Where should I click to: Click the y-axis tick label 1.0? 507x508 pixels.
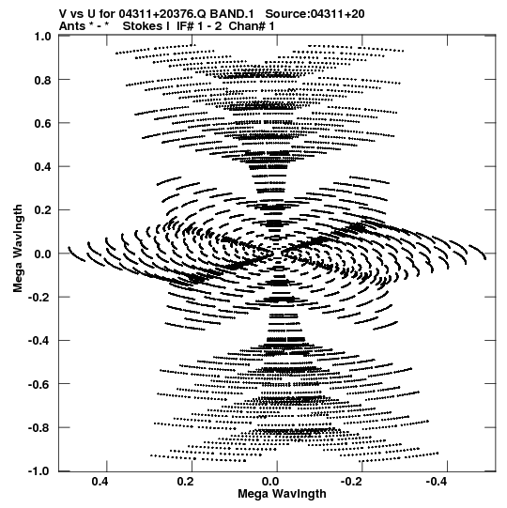(43, 37)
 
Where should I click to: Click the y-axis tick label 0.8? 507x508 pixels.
(43, 80)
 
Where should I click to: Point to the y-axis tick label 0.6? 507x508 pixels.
(43, 123)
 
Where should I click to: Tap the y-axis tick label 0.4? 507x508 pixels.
(43, 167)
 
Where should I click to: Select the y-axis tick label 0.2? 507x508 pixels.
(43, 210)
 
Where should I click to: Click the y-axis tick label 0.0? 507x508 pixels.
(43, 254)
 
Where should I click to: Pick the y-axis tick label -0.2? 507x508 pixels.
(39, 298)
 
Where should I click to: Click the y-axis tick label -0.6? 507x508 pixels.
(39, 385)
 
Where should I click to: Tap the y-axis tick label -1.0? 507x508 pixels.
(39, 471)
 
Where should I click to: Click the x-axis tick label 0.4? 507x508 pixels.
(100, 482)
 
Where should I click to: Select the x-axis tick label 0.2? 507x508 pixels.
(186, 482)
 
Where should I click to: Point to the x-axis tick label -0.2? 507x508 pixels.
(352, 482)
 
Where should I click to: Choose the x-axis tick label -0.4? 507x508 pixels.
(437, 482)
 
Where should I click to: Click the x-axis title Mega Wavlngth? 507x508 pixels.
(282, 494)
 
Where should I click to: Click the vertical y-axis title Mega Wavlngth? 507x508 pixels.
(18, 249)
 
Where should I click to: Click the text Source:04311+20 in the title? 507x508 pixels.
(315, 14)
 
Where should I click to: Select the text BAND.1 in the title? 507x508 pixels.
(232, 14)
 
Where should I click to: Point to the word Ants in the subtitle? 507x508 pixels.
(72, 26)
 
